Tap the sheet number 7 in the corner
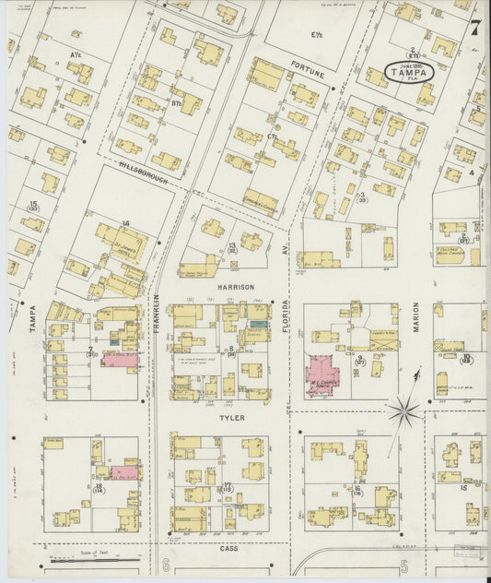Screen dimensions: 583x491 (x=474, y=27)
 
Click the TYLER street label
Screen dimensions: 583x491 (x=228, y=417)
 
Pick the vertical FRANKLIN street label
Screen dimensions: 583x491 (x=158, y=313)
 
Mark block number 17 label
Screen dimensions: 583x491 (x=227, y=484)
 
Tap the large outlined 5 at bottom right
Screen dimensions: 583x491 (x=403, y=564)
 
